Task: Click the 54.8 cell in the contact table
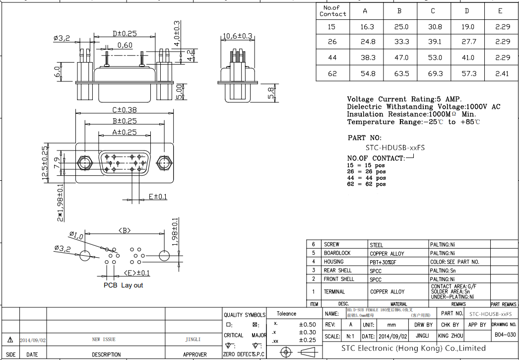click(x=368, y=73)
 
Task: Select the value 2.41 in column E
click(x=502, y=73)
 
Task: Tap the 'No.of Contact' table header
click(x=332, y=11)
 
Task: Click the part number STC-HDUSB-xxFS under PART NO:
click(x=395, y=147)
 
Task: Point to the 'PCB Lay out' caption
click(x=123, y=286)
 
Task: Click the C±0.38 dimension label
click(x=125, y=110)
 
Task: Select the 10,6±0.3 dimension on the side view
click(x=238, y=36)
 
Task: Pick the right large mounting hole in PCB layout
click(x=164, y=256)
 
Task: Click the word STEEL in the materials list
click(x=377, y=245)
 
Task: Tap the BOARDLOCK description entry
click(x=337, y=253)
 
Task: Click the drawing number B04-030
click(x=505, y=335)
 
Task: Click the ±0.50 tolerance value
click(x=307, y=324)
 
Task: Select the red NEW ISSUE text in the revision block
click(x=104, y=340)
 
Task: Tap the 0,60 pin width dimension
click(x=125, y=46)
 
